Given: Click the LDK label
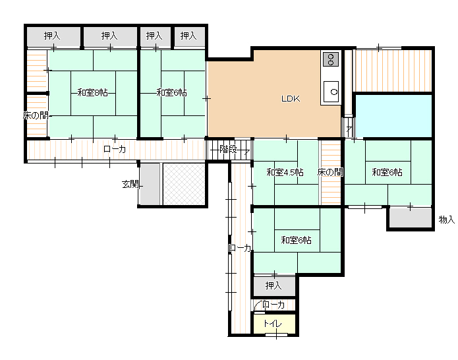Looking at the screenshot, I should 291,99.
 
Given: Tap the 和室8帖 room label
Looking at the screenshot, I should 92,92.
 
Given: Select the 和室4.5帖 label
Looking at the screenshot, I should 285,173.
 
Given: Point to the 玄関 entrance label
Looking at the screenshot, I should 129,184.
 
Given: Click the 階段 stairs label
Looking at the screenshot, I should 228,148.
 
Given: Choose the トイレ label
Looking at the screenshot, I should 273,324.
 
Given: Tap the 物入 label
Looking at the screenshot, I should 447,220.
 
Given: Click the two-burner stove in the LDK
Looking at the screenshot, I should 330,60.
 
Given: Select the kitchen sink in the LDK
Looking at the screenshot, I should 331,91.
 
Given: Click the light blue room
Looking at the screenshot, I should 393,115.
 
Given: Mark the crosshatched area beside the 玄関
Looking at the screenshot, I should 184,183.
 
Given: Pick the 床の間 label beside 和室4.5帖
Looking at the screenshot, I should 329,173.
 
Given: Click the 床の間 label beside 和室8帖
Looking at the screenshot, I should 36,115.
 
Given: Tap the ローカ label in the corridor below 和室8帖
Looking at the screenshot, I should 115,149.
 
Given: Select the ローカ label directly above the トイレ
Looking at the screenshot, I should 273,305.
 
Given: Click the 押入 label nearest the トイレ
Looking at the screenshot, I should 273,285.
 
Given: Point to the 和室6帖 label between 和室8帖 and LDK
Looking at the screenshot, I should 171,92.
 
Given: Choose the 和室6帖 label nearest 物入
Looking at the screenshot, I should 387,173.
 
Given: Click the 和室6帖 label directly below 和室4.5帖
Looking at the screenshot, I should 297,240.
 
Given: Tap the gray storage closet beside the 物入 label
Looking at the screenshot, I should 409,218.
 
